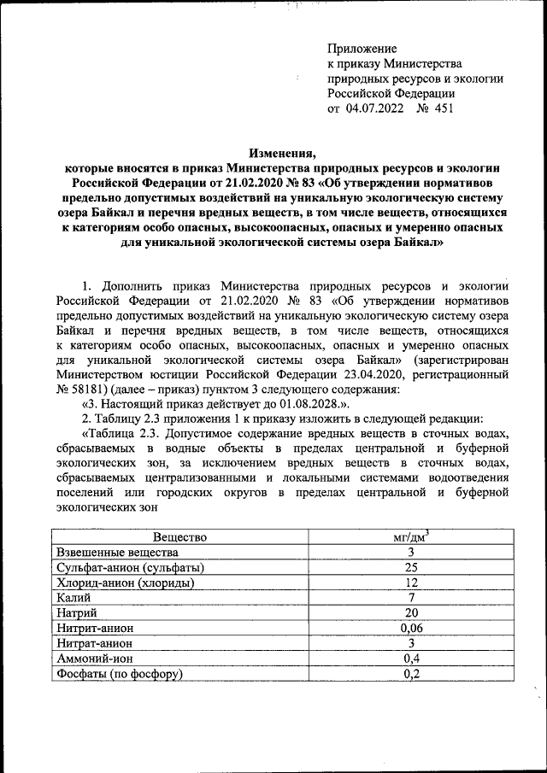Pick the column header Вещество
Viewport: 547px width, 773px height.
tap(180, 537)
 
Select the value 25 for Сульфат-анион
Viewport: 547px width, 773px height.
tap(411, 568)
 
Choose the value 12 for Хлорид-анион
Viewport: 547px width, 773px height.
tap(411, 583)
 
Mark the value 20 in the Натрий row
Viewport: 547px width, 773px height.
tap(411, 613)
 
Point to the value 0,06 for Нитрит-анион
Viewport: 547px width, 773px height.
tap(411, 629)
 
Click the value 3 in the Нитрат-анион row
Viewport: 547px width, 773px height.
tap(411, 643)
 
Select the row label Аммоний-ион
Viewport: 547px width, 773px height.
tap(92, 659)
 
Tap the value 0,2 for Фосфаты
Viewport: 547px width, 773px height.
tap(411, 674)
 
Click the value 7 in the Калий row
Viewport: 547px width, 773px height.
tap(411, 598)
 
